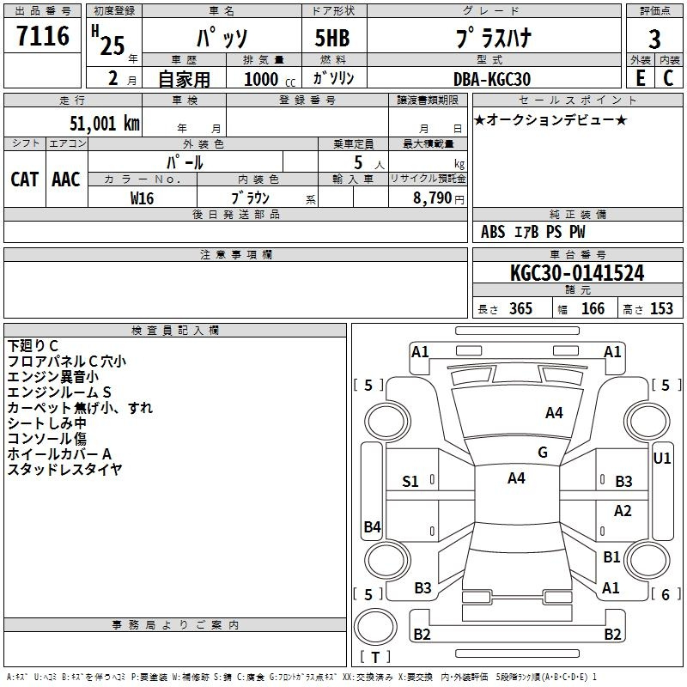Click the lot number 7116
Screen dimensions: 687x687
tap(43, 36)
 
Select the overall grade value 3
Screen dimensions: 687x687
tap(654, 40)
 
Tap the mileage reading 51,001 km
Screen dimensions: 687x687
tap(105, 124)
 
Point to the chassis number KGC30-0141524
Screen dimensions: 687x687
tap(577, 273)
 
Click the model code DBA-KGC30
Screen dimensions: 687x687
tap(492, 79)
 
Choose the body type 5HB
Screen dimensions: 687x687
tap(332, 38)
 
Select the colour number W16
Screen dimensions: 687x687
tap(142, 198)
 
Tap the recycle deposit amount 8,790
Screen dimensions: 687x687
tap(432, 198)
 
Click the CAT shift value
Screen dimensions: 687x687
tap(25, 179)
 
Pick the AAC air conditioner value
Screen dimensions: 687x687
tap(66, 179)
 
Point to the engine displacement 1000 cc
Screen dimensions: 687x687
tap(270, 79)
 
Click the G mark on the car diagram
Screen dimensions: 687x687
tap(543, 453)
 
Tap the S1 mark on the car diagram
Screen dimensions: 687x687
tap(410, 482)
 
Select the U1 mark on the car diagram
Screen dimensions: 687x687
tap(661, 459)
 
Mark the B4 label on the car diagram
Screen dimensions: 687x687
tap(373, 526)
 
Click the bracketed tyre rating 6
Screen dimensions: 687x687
tap(666, 594)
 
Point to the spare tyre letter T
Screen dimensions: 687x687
tap(375, 657)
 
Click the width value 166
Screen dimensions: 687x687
tap(593, 308)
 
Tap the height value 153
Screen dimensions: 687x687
tap(661, 308)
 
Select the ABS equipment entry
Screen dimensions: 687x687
tap(493, 232)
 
